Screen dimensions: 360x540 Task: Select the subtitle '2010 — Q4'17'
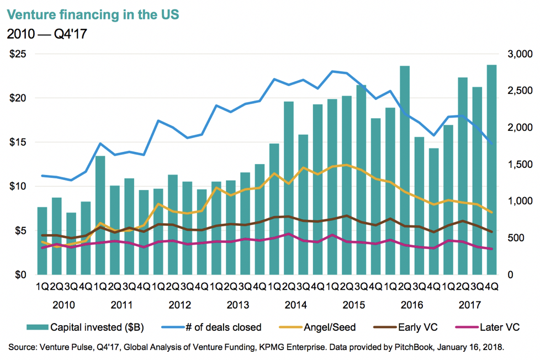(47, 34)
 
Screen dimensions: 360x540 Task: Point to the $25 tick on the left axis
(19, 54)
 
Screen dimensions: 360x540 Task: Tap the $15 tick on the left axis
(19, 142)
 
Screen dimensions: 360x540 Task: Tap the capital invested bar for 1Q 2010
(42, 241)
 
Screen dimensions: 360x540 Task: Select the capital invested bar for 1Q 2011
(100, 215)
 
